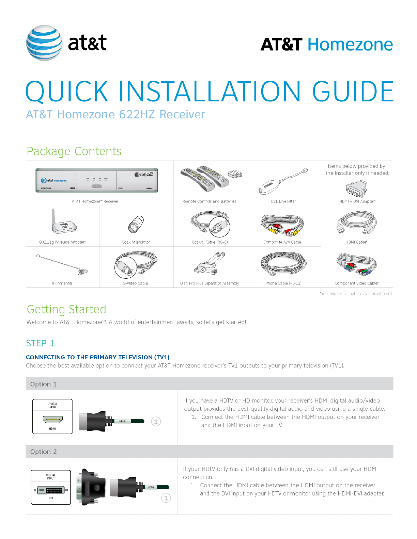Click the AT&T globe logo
(44, 43)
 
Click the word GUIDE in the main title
(353, 91)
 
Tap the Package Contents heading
(74, 151)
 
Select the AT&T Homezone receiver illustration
(97, 180)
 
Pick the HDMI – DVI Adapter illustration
(356, 188)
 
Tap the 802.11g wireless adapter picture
(63, 223)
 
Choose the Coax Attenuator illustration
(136, 224)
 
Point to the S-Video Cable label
(136, 283)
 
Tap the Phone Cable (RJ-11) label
(283, 283)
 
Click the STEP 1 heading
(40, 343)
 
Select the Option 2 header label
(43, 452)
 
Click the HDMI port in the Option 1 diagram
(52, 419)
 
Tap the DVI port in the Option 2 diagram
(51, 490)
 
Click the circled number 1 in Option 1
(156, 422)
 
